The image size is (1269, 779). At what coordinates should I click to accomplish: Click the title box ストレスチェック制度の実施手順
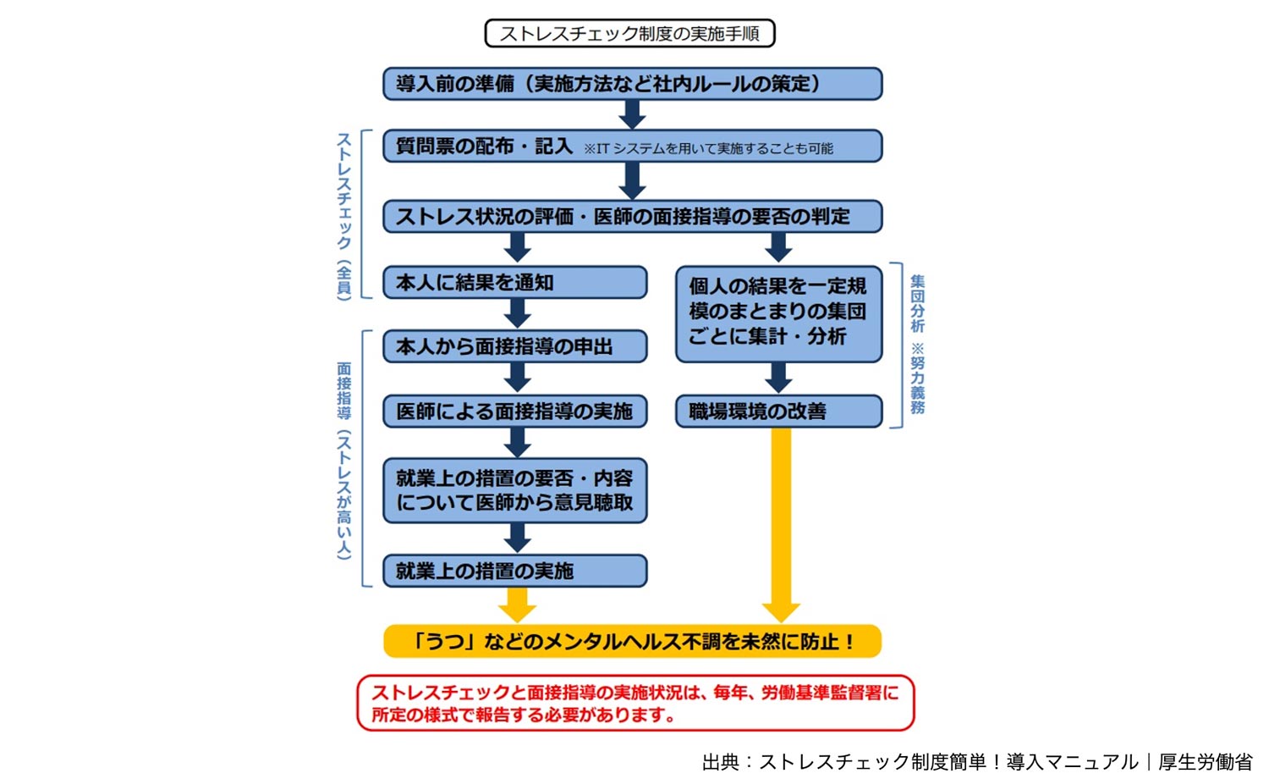pos(629,34)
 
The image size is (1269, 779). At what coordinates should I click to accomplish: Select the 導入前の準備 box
pos(632,84)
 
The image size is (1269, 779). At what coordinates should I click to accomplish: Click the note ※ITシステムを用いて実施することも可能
pos(708,149)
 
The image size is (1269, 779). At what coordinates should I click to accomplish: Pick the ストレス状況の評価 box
pos(632,216)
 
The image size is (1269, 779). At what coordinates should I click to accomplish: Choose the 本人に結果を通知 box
pos(514,282)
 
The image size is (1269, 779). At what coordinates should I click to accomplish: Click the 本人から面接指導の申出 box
pos(514,346)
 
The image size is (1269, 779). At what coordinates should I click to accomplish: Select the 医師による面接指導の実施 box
pos(514,412)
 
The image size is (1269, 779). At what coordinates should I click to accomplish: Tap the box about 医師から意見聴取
pos(514,490)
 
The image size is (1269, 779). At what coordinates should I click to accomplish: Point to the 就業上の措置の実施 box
pos(514,571)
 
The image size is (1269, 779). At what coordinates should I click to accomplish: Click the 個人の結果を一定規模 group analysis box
pos(778,312)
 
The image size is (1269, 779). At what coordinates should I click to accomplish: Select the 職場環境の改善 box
pos(778,412)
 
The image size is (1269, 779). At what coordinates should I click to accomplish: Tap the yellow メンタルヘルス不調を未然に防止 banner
pos(632,641)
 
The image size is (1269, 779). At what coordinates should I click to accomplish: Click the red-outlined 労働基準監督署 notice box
pos(635,703)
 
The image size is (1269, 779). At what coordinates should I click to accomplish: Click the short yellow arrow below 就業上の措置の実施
pos(517,604)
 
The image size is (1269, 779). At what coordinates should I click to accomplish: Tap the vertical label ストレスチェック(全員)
pos(344,215)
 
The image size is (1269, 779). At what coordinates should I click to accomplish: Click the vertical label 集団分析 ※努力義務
pos(917,344)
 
